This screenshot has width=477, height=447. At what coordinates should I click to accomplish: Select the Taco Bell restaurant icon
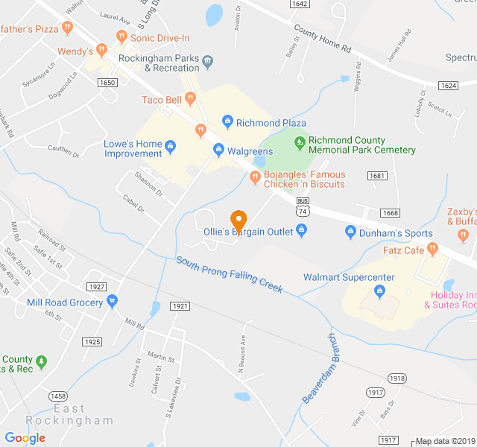click(190, 99)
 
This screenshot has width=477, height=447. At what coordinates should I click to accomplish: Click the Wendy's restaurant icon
click(101, 51)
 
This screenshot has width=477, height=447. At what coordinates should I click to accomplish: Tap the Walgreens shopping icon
click(218, 150)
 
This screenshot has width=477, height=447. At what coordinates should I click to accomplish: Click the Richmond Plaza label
click(272, 122)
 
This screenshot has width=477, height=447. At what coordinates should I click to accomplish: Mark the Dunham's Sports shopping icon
click(350, 232)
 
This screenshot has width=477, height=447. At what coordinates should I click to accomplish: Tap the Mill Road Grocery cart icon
click(112, 302)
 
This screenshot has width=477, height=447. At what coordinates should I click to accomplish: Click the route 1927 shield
click(96, 287)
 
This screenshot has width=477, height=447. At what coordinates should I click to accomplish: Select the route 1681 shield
click(376, 176)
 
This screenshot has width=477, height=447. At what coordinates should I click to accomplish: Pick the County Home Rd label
click(322, 40)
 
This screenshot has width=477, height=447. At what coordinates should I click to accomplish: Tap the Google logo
click(25, 438)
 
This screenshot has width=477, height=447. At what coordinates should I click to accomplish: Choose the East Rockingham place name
click(69, 414)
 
